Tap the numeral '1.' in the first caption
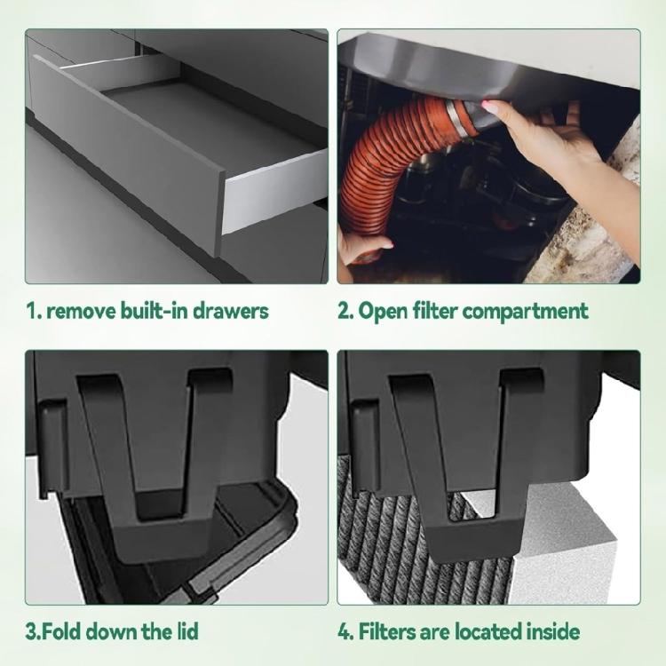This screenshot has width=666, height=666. click(33, 311)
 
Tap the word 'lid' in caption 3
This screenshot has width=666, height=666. click(182, 631)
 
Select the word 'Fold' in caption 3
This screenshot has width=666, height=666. click(60, 631)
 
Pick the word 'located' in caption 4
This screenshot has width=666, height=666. click(486, 631)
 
